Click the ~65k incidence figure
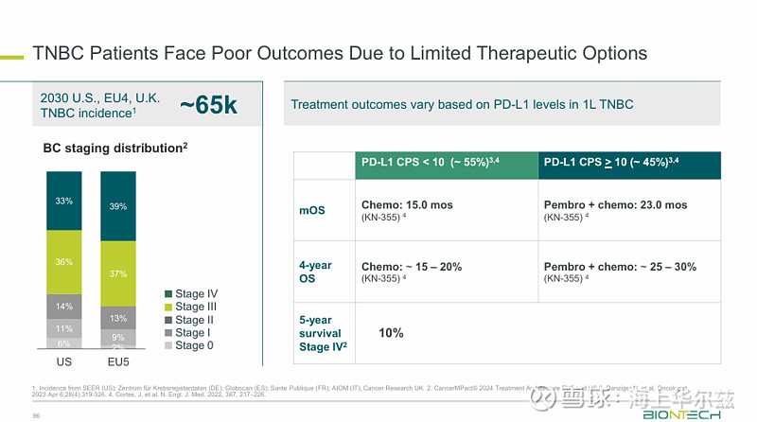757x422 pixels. [x=208, y=105]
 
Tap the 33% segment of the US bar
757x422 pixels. [x=64, y=201]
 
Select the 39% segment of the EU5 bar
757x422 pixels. [x=118, y=206]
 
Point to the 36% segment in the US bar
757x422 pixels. [x=64, y=262]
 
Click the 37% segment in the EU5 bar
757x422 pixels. [x=118, y=273]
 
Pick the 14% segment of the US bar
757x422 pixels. [x=64, y=307]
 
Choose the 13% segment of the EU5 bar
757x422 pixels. [x=118, y=318]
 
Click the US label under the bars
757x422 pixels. [x=64, y=362]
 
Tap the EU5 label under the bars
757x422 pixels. [x=118, y=362]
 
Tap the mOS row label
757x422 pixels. [x=312, y=210]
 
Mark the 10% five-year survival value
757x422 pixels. [x=391, y=333]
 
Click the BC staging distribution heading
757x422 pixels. [x=115, y=149]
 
